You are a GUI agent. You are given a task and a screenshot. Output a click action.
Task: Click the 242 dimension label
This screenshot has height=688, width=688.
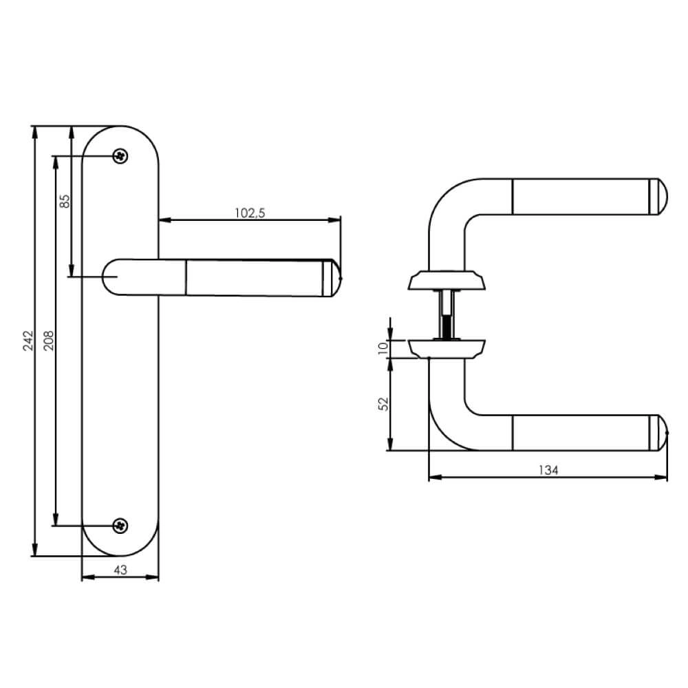coord(28,341)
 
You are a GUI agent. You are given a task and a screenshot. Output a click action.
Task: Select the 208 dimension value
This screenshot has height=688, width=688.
coord(48,341)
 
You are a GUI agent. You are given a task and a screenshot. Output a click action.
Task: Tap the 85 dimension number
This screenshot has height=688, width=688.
coord(65,202)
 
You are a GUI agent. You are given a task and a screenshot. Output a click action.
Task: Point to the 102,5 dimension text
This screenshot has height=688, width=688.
coord(250,213)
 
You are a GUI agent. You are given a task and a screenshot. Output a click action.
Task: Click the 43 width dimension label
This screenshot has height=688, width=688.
coord(120,570)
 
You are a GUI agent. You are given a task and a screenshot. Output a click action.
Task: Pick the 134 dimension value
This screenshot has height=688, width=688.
coord(548,470)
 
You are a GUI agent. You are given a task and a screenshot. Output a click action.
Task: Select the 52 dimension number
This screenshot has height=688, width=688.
coord(383,404)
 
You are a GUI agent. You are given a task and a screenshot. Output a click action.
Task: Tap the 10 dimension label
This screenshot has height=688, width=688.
coord(383,347)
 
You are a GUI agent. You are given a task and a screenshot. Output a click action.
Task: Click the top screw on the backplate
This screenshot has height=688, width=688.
coord(120,155)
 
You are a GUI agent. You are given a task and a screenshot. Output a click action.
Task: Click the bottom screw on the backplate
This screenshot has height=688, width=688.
coord(120,526)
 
